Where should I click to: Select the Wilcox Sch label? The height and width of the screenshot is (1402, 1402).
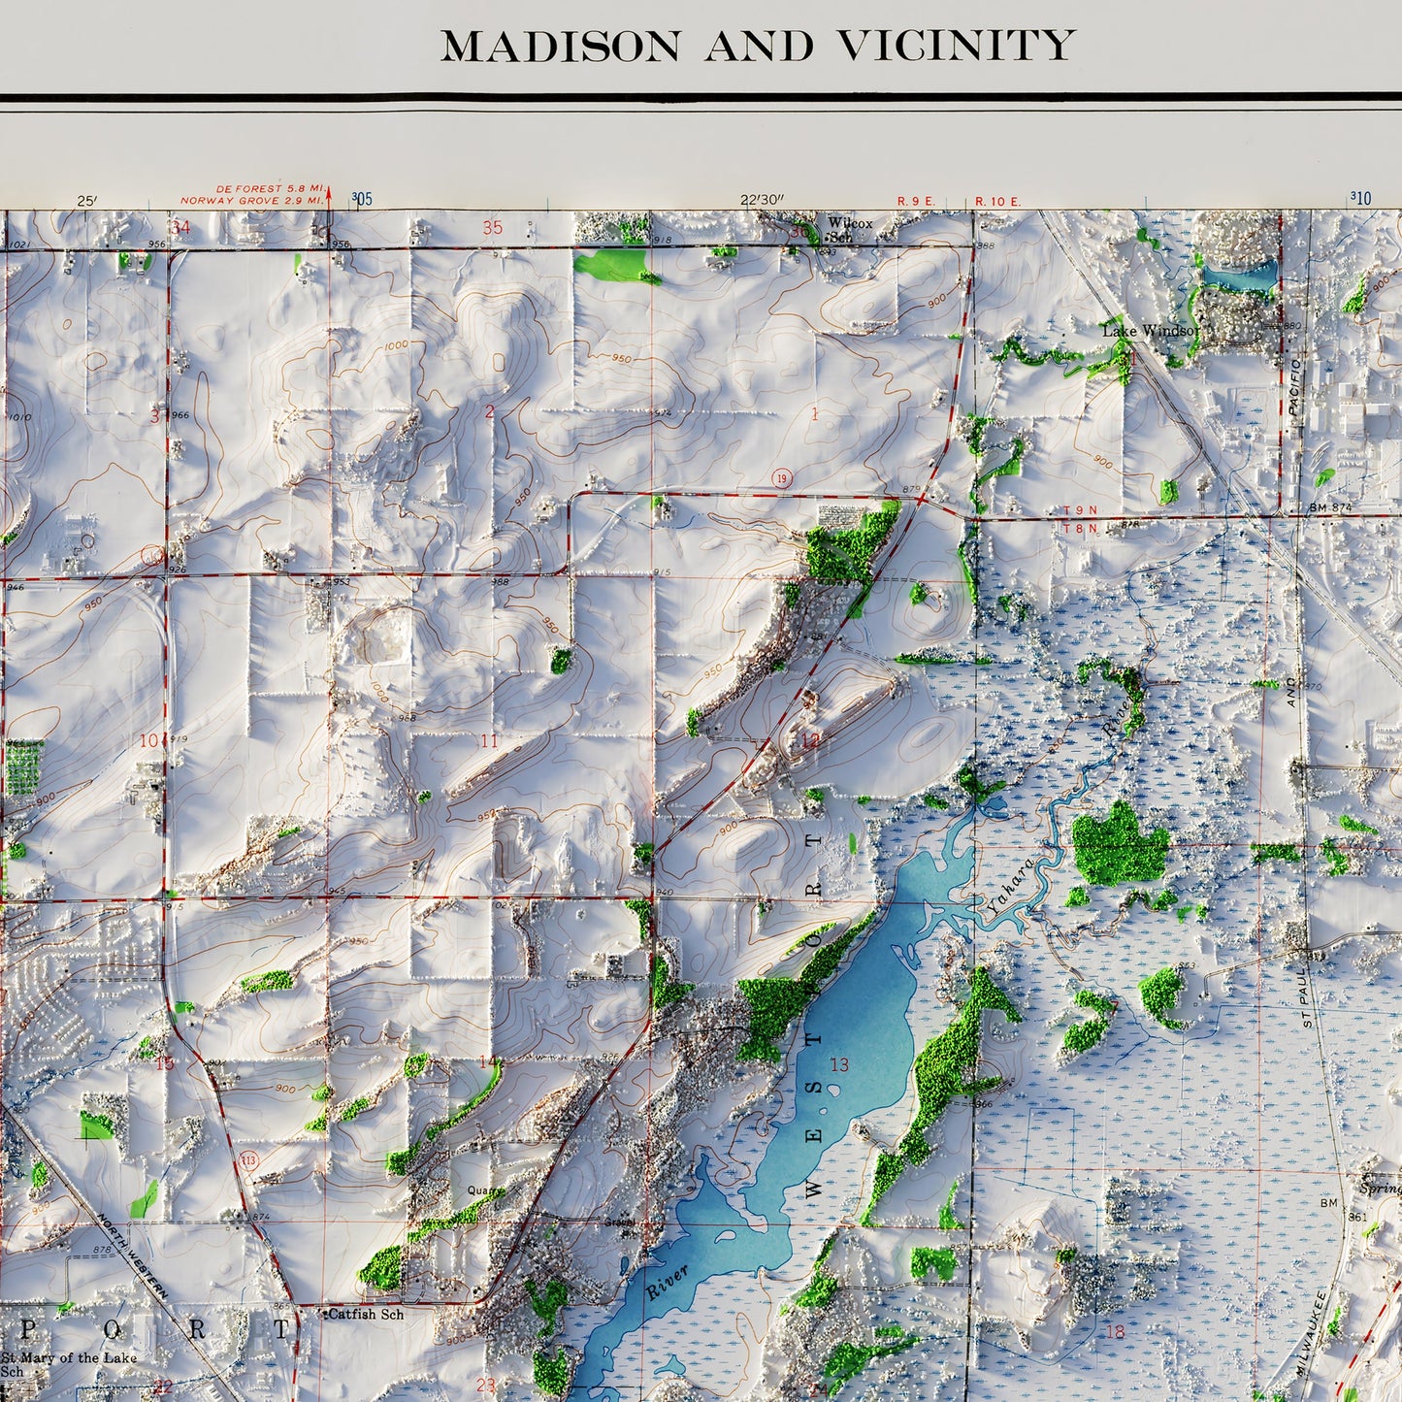[x=849, y=229]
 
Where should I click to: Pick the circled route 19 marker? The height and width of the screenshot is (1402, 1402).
[x=782, y=478]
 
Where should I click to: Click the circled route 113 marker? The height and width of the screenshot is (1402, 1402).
[x=249, y=1160]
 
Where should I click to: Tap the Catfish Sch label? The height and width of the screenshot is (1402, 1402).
[x=365, y=1314]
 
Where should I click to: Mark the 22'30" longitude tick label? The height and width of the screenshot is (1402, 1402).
[x=762, y=201]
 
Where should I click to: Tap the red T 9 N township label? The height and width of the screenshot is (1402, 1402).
[x=1079, y=510]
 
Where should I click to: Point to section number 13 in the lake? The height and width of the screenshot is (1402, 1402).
[x=839, y=1064]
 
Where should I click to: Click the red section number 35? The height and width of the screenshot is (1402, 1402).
[x=493, y=228]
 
